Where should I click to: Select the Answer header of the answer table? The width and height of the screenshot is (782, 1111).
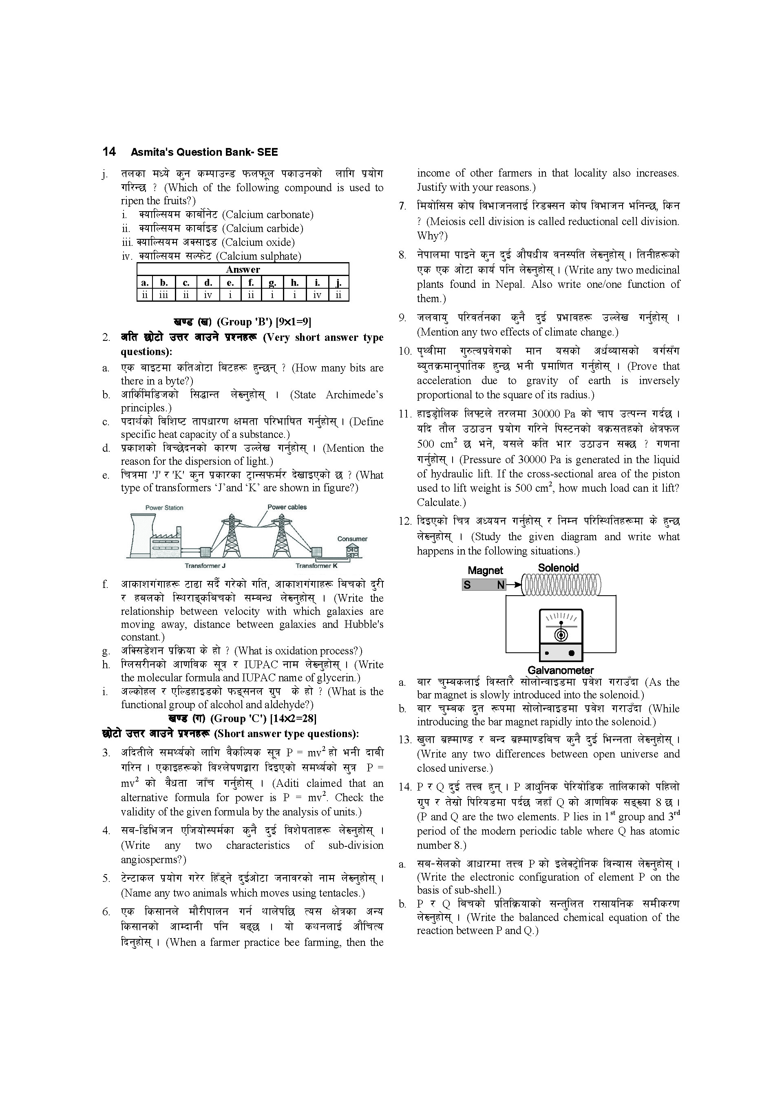243,269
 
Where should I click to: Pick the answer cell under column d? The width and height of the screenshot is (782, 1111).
208,295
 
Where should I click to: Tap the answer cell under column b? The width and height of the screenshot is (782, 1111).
164,295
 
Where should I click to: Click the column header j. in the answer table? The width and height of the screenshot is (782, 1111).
338,283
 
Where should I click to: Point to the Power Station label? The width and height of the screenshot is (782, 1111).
165,508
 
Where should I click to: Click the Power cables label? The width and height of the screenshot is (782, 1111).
287,507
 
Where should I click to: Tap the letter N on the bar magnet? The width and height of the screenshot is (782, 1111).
500,585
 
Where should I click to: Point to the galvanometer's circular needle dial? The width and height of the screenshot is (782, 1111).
561,634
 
